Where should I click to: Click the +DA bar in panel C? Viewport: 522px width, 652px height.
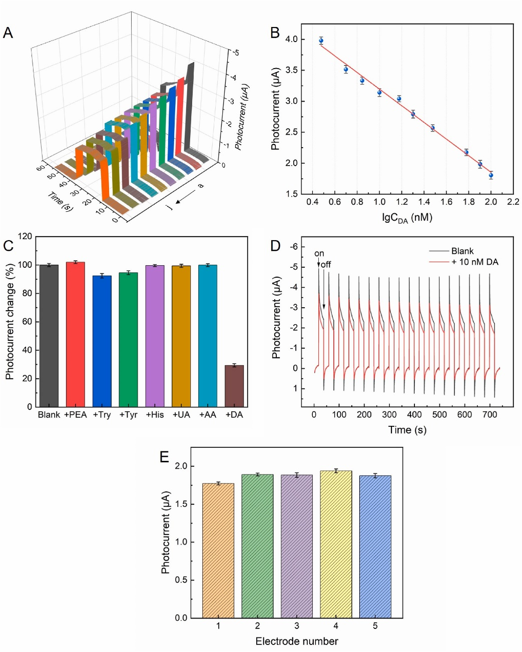pos(234,386)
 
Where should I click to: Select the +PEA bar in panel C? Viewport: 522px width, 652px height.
pos(75,334)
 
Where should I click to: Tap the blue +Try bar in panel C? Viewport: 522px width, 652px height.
pos(102,341)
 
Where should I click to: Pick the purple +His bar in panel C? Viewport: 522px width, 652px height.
pos(155,336)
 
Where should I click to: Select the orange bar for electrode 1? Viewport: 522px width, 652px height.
pos(218,550)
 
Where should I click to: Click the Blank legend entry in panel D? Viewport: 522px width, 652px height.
pos(462,251)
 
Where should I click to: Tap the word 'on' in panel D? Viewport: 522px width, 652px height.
pos(319,254)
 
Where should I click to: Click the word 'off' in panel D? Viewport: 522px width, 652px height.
pos(326,264)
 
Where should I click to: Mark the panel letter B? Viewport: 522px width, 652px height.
pos(275,33)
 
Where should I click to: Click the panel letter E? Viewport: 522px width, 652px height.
pos(164,457)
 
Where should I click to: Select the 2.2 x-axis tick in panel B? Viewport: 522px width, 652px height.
pos(513,202)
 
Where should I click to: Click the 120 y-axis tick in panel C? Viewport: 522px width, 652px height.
pos(25,236)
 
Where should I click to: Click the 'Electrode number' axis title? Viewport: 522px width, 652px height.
pos(297,641)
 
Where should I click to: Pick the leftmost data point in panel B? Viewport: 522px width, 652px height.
pos(321,41)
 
